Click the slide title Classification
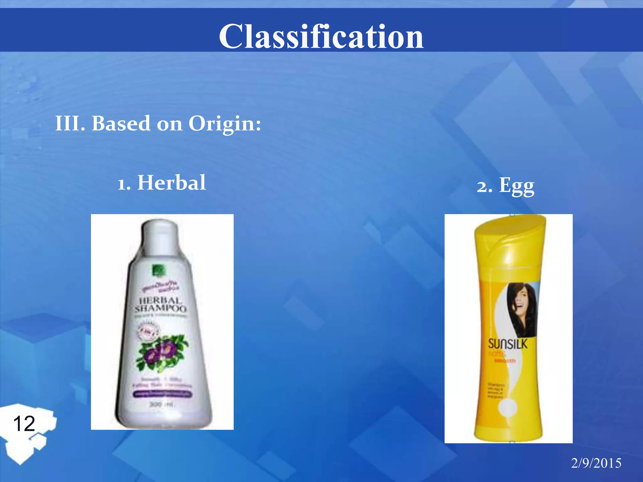tap(321, 37)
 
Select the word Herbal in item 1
tap(171, 183)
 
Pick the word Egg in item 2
tap(516, 186)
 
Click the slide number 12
tap(24, 423)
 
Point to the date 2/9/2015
tap(596, 463)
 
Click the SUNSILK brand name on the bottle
tap(507, 344)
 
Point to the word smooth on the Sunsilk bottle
tap(505, 361)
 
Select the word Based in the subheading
tap(121, 123)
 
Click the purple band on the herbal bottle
tap(162, 394)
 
